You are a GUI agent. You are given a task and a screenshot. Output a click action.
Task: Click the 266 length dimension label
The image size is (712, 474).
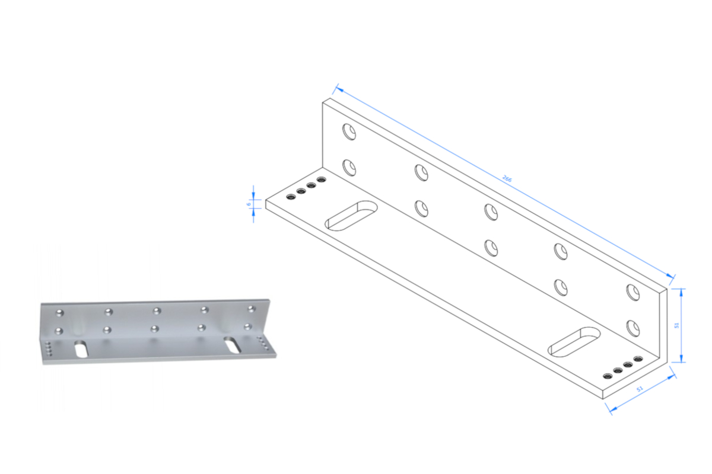pyautogui.click(x=507, y=178)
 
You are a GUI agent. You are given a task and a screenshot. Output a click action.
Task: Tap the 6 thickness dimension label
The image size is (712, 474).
pyautogui.click(x=249, y=204)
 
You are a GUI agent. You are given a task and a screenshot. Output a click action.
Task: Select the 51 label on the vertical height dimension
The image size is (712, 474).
pyautogui.click(x=677, y=325)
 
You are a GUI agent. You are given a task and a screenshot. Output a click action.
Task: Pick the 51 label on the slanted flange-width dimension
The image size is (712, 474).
pyautogui.click(x=640, y=389)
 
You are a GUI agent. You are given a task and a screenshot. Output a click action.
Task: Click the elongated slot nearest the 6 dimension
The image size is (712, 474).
pyautogui.click(x=351, y=216)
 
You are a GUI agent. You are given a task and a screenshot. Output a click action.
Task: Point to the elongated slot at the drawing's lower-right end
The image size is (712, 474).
pyautogui.click(x=574, y=342)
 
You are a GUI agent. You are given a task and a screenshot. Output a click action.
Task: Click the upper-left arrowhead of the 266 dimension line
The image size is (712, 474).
pyautogui.click(x=339, y=89)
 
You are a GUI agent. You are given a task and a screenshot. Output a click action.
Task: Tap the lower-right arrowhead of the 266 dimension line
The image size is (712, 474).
pyautogui.click(x=670, y=276)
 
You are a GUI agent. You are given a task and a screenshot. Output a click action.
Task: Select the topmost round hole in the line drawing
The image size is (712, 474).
pyautogui.click(x=349, y=132)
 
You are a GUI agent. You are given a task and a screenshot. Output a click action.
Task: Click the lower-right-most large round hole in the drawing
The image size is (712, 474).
pyautogui.click(x=633, y=328)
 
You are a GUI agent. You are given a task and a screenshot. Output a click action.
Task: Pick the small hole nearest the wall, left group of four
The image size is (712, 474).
pyautogui.click(x=322, y=180)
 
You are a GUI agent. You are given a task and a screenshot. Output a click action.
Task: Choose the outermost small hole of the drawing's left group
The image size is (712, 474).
pyautogui.click(x=291, y=197)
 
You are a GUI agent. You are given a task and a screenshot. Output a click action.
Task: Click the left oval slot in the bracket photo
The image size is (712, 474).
pyautogui.click(x=81, y=349)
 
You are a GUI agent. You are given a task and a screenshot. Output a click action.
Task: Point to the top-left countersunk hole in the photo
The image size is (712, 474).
pyautogui.click(x=59, y=313)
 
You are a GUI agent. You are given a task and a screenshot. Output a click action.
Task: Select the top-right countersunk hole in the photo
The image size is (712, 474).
pyautogui.click(x=252, y=309)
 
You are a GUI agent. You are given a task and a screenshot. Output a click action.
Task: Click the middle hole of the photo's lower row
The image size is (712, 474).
pyautogui.click(x=154, y=329)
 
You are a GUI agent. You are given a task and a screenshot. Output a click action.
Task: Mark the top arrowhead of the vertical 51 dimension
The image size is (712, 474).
pyautogui.click(x=681, y=293)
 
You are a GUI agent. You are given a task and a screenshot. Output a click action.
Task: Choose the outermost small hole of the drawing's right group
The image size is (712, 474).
pyautogui.click(x=608, y=376)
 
